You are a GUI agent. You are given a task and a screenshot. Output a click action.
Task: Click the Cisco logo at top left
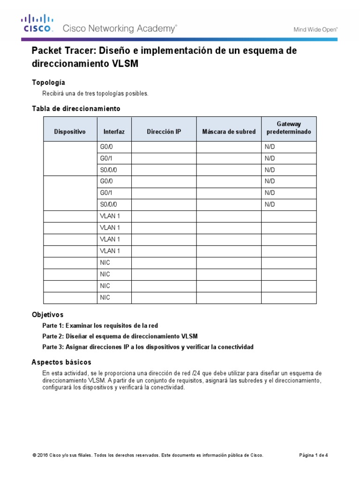[x=36, y=24]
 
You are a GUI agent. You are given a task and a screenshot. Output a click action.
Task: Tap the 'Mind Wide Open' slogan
[x=315, y=29]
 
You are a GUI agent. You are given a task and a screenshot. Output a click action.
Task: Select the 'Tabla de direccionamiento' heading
[x=76, y=109]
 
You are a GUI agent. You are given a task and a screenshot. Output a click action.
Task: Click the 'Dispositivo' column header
[x=70, y=132]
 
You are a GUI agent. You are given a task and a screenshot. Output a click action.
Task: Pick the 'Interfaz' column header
[x=114, y=132]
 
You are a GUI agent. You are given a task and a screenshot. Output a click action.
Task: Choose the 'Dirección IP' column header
[x=164, y=132]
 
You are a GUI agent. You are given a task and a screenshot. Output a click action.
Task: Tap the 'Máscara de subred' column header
[x=229, y=132]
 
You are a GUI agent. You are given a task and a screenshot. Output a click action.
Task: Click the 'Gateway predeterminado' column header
[x=288, y=128]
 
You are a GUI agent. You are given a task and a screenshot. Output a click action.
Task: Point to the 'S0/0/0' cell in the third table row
[x=109, y=170]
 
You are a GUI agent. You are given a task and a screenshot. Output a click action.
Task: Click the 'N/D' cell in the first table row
[x=270, y=147]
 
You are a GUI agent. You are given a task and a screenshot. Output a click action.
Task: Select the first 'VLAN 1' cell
[x=110, y=216]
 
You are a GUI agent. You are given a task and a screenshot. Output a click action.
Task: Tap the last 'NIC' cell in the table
[x=105, y=298]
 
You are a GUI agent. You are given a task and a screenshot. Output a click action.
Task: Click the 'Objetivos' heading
[x=47, y=315]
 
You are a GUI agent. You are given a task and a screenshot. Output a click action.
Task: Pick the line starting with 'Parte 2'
[x=120, y=336]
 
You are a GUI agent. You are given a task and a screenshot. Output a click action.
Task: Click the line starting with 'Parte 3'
[x=148, y=347]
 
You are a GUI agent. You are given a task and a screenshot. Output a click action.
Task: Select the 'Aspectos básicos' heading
[x=61, y=362]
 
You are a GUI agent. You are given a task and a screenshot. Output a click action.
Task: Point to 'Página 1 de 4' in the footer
[x=314, y=455]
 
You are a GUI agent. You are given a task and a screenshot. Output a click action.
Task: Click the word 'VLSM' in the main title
[x=125, y=64]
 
